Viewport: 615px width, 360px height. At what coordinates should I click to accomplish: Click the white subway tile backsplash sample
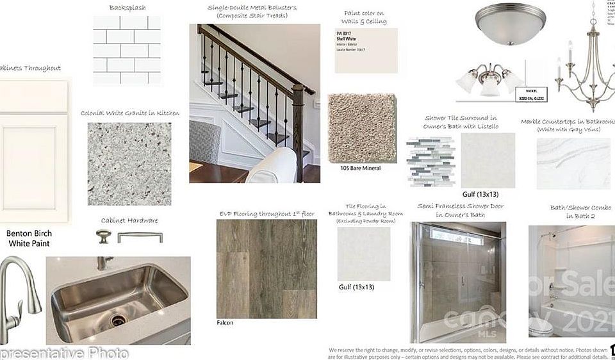tap(127, 50)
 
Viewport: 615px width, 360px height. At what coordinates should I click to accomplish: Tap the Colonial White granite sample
tap(129, 163)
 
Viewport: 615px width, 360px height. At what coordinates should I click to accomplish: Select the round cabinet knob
tap(103, 236)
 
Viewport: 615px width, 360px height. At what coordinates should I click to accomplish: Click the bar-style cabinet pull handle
tap(140, 236)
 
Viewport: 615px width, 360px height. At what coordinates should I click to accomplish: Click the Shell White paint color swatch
tap(366, 51)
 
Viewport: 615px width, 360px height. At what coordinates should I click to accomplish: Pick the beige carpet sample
tap(362, 128)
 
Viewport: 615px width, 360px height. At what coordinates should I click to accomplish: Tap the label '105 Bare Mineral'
tap(361, 168)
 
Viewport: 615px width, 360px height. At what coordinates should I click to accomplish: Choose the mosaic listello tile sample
tap(431, 161)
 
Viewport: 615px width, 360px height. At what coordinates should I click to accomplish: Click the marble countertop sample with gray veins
tap(573, 163)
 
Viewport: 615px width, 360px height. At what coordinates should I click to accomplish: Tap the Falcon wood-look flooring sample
tap(266, 268)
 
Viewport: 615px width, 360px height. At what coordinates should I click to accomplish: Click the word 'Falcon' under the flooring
tap(225, 323)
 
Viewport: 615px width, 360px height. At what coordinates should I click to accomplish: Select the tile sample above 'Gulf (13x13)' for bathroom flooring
tap(364, 254)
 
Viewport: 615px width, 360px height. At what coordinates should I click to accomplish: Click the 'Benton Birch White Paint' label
tap(29, 238)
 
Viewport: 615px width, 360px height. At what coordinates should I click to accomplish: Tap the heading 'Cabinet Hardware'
tap(129, 220)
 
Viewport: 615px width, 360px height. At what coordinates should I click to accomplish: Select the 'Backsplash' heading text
tap(127, 8)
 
